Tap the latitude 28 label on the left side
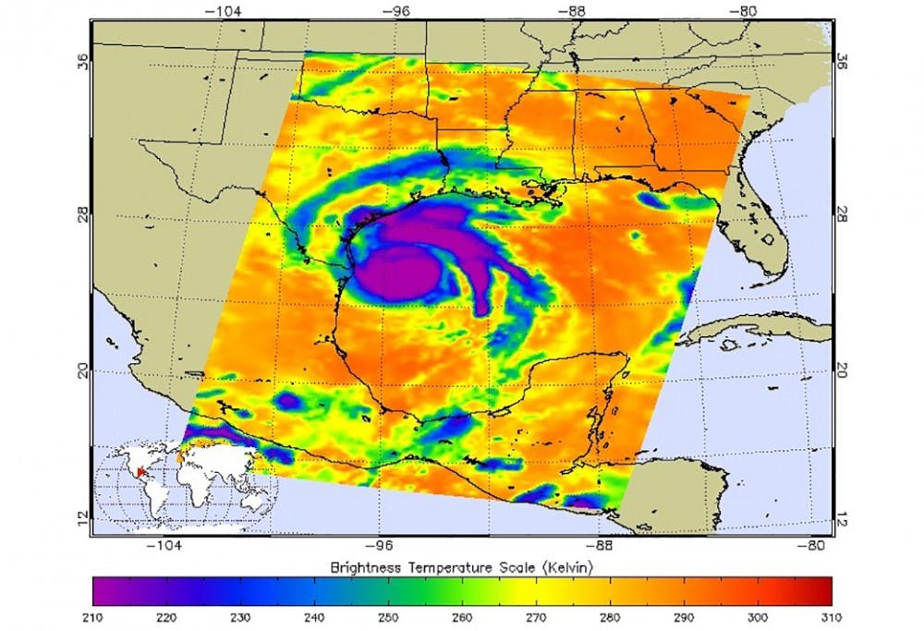click(x=82, y=213)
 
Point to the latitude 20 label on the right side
click(x=842, y=370)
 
